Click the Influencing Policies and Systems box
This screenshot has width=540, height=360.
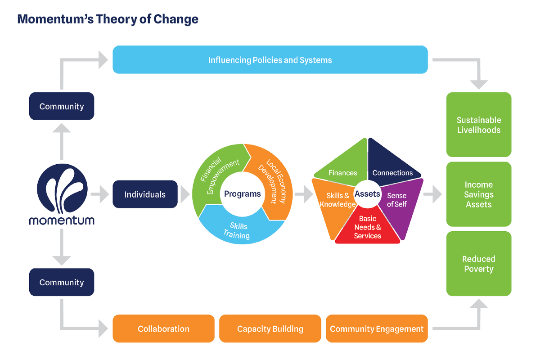[270, 59]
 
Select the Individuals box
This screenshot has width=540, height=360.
[145, 194]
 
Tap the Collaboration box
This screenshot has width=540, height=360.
[163, 328]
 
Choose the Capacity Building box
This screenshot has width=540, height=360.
[270, 328]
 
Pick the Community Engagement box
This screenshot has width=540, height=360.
[377, 328]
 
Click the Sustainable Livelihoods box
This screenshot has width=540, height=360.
[479, 124]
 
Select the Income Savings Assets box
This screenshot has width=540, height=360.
[479, 194]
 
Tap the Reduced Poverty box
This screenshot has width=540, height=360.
[479, 264]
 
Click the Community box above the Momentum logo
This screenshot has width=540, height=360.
[62, 106]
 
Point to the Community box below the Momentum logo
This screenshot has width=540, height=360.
[62, 282]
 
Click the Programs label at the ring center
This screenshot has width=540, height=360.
[242, 194]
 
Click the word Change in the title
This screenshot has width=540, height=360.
[176, 19]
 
